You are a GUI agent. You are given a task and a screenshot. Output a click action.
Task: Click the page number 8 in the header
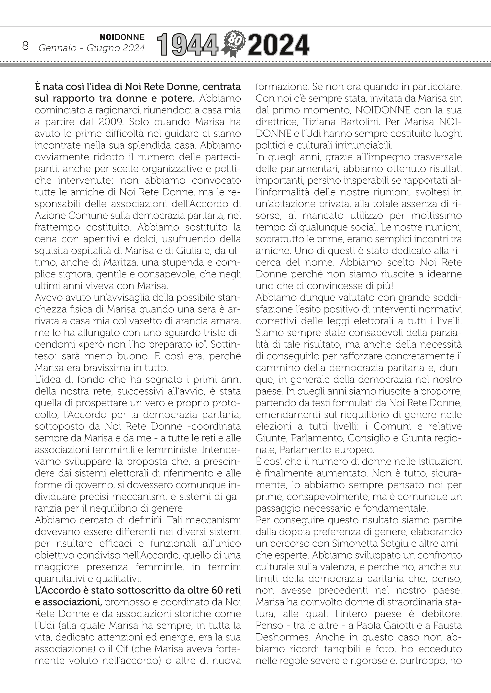[25, 46]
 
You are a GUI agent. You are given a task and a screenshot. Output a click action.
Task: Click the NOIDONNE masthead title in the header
[122, 37]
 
